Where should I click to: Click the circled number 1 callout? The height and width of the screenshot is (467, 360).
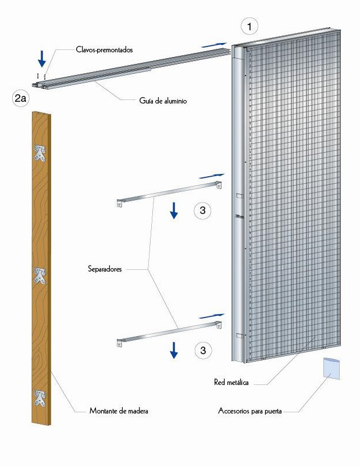(249, 26)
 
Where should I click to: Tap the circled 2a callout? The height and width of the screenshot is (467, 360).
(20, 98)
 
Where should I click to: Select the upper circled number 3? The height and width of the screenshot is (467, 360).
(202, 211)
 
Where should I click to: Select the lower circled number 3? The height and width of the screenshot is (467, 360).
(202, 350)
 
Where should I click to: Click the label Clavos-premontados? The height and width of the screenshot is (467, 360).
(104, 50)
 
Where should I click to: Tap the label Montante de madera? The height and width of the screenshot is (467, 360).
(119, 411)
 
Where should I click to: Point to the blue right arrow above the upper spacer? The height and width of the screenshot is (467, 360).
(212, 175)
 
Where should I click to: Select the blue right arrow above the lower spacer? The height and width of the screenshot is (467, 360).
(212, 315)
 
